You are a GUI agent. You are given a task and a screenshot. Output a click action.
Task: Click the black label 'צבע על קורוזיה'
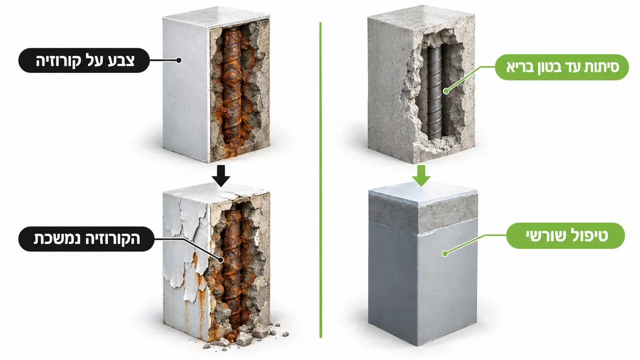84,60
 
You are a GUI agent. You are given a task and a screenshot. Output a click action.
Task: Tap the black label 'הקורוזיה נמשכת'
86,239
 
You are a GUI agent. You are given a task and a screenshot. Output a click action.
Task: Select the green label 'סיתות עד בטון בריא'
561,67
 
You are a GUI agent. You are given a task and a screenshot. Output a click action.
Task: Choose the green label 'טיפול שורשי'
565,235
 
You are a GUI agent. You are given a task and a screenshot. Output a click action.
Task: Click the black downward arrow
221,175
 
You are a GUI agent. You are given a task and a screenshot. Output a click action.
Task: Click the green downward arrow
421,175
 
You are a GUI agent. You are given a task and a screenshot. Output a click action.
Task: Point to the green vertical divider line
320,180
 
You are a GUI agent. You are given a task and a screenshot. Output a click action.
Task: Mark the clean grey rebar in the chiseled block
434,92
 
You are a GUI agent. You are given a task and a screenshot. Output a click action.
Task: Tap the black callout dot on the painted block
179,60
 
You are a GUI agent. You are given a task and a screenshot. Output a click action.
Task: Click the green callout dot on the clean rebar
446,91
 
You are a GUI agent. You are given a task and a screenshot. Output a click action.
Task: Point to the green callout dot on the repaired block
445,253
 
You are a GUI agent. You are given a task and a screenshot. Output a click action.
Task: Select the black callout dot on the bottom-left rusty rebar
220,260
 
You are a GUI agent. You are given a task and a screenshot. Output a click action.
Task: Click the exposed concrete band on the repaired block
423,214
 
